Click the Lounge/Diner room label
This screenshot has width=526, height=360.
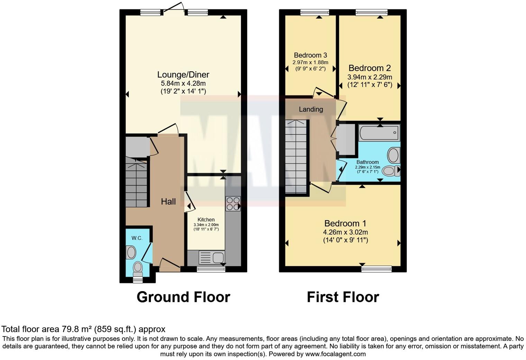pyautogui.click(x=183, y=74)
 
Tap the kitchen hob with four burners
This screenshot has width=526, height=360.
pyautogui.click(x=233, y=204)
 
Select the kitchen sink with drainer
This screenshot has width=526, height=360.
pyautogui.click(x=211, y=258)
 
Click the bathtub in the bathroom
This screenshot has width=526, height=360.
pyautogui.click(x=379, y=133)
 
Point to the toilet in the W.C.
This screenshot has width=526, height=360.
pyautogui.click(x=138, y=268)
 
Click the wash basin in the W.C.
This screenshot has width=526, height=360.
pyautogui.click(x=131, y=252)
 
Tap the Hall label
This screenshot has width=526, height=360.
pyautogui.click(x=168, y=201)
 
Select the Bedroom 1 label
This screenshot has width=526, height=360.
pyautogui.click(x=345, y=223)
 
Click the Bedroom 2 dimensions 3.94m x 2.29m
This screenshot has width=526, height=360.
pyautogui.click(x=370, y=77)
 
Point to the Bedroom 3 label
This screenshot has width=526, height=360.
pyautogui.click(x=310, y=55)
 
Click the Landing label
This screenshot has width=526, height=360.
pyautogui.click(x=311, y=109)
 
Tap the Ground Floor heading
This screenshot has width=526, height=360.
pyautogui.click(x=183, y=297)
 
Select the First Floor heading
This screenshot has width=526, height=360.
pyautogui.click(x=343, y=297)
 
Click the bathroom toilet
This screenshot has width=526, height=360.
pyautogui.click(x=391, y=170)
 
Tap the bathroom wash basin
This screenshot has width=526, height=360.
pyautogui.click(x=393, y=155)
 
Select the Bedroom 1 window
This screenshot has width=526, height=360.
pyautogui.click(x=377, y=269)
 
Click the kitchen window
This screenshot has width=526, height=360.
pyautogui.click(x=211, y=269)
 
